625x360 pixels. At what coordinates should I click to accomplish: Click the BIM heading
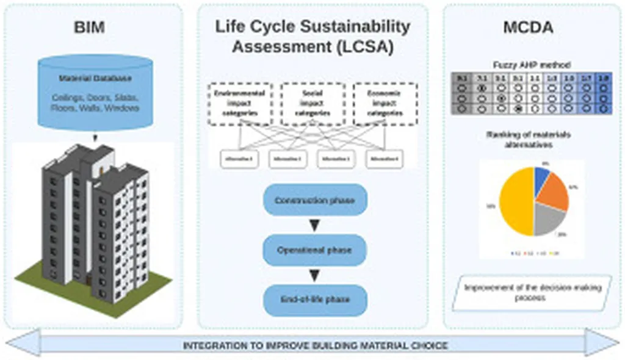89,27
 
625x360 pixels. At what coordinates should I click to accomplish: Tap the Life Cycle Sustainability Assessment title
312,36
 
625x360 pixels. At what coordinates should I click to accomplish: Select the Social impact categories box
312,104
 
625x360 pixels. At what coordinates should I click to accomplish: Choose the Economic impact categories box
385,104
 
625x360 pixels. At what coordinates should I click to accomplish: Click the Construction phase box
314,200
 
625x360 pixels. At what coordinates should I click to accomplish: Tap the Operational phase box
314,250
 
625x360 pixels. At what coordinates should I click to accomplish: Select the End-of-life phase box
314,300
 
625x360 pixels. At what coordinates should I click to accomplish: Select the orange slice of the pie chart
554,190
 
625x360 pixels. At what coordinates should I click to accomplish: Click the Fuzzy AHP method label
532,64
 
